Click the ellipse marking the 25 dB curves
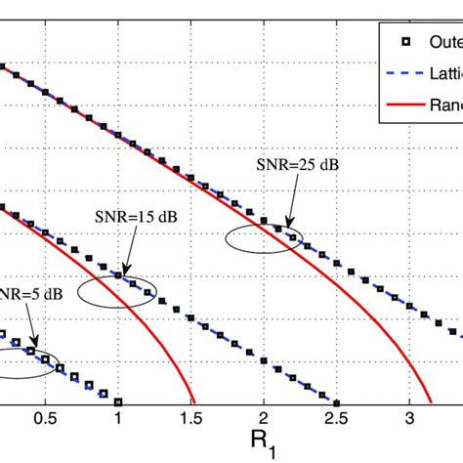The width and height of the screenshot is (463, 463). point(263,238)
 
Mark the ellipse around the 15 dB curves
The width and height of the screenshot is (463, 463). point(116,291)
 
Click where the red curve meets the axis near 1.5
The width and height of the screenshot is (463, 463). point(195,401)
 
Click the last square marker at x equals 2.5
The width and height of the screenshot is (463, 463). point(336,401)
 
